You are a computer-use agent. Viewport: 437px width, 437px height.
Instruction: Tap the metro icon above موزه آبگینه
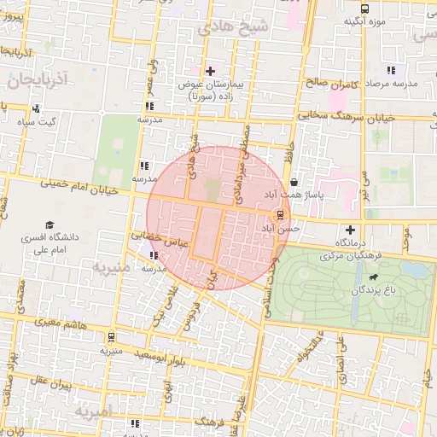(366, 8)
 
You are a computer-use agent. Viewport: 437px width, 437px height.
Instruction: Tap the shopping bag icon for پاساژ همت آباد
(294, 182)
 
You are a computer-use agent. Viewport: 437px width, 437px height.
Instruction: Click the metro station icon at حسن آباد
(280, 213)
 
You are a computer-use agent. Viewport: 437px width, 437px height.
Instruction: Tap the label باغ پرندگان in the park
(373, 292)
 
